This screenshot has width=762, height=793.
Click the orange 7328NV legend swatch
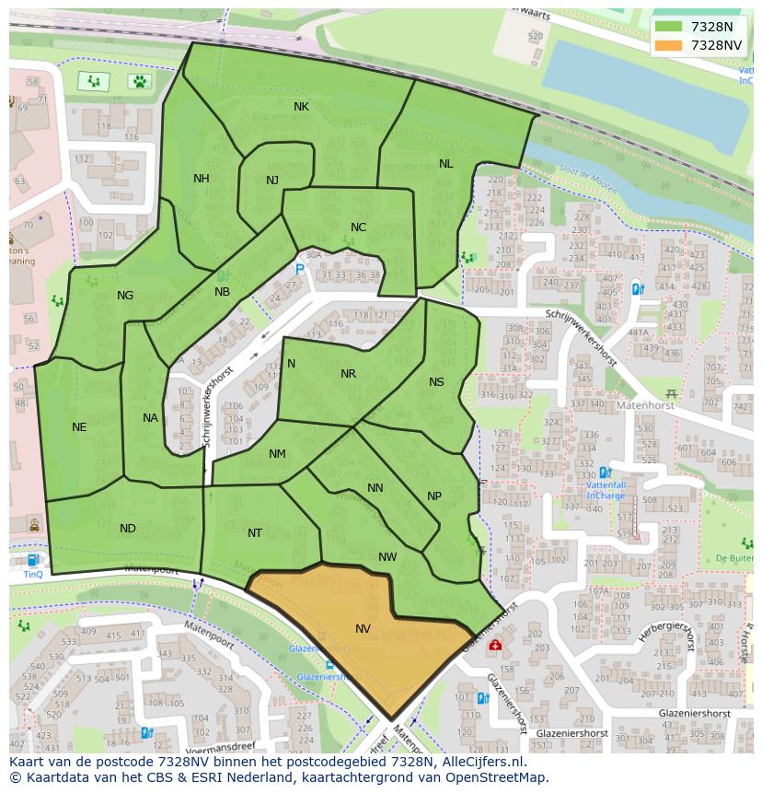(669, 45)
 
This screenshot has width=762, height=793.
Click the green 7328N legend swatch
(669, 27)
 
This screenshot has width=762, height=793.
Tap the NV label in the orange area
(363, 628)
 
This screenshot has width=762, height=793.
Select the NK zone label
(301, 107)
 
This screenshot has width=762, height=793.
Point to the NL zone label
(445, 164)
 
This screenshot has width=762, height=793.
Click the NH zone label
(201, 179)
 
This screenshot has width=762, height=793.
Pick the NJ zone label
(271, 180)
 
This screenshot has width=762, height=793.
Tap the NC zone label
(358, 227)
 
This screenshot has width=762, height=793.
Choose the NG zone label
(125, 296)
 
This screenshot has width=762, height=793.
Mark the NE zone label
(79, 426)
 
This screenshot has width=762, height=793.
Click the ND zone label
(128, 529)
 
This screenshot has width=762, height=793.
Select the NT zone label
(255, 532)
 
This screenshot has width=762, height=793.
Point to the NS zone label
(436, 382)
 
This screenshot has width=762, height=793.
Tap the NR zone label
(348, 373)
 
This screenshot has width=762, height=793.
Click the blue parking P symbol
(299, 269)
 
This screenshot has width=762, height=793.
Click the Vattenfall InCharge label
(606, 489)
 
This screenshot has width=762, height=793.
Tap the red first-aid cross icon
(495, 647)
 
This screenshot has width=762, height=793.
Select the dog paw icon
(139, 81)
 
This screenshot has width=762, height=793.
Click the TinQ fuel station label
(33, 573)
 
